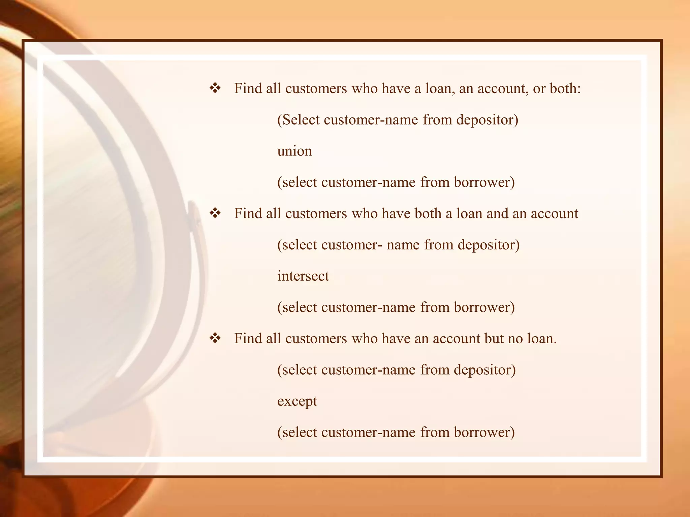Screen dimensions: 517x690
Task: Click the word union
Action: click(x=294, y=151)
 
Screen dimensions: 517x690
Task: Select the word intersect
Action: click(x=303, y=276)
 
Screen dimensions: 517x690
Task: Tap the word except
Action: click(x=297, y=401)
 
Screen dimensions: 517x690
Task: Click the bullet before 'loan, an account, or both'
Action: click(x=215, y=88)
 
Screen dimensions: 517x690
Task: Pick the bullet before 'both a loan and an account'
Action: click(x=215, y=213)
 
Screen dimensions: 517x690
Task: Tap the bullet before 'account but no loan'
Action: click(x=215, y=338)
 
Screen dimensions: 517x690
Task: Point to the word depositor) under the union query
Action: click(x=487, y=120)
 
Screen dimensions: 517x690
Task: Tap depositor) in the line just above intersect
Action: click(x=489, y=245)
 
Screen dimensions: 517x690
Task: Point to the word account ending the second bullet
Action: click(x=554, y=213)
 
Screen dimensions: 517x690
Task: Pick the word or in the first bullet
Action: click(x=539, y=89)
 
